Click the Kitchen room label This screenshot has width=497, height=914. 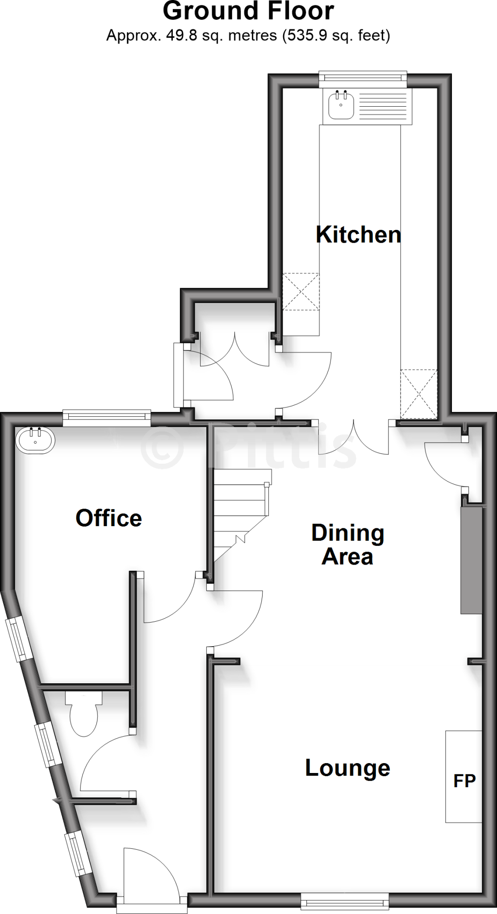coord(358,235)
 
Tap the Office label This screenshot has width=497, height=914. coord(109,518)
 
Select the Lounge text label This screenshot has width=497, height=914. coord(347,768)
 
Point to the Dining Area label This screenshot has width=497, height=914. coord(347,545)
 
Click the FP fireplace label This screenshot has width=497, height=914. coord(464,781)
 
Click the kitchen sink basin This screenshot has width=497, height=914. coord(341,105)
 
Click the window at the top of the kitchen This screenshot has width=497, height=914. coord(363,79)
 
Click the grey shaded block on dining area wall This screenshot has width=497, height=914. coord(472,560)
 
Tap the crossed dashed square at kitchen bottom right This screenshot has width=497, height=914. coord(418,394)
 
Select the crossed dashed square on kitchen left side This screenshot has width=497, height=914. coord(301,291)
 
